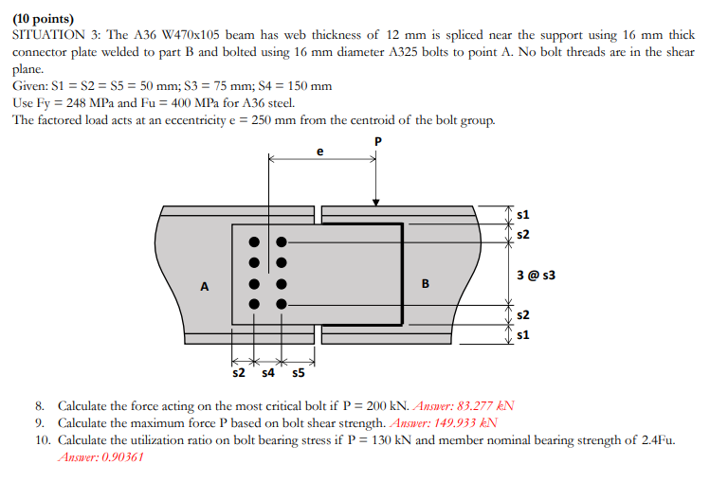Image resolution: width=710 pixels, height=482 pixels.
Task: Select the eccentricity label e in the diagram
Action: coord(319,150)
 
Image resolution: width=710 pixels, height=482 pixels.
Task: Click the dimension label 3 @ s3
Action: coord(536,275)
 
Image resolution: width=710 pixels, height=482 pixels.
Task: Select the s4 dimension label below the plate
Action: coord(266,374)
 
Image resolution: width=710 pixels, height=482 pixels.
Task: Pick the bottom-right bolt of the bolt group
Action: coord(282,305)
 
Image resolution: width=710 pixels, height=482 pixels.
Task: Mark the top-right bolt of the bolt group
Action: coord(282,241)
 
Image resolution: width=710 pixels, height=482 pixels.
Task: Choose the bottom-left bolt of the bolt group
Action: coord(254,305)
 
